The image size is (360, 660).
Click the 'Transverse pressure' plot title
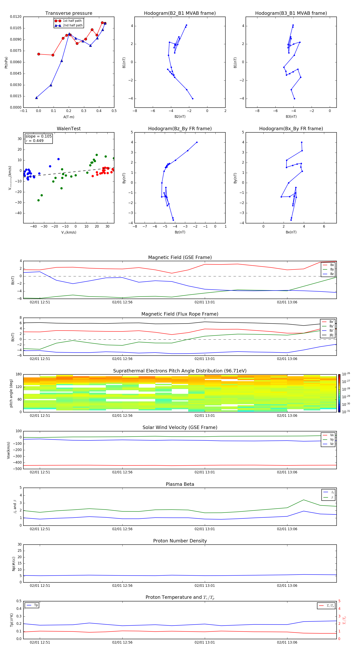pos(69,13)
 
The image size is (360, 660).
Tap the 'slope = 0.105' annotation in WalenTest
pos(38,136)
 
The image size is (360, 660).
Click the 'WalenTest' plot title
pos(69,129)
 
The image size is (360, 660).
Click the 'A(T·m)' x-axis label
pos(69,117)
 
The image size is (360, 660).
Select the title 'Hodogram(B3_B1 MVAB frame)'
pos(291,13)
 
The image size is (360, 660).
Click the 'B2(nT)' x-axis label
pos(180,117)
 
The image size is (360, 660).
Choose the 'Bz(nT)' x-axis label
pos(180,232)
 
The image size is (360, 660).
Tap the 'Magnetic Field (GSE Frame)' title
pos(180,257)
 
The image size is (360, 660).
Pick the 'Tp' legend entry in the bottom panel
pos(36,605)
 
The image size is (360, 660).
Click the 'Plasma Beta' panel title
pos(180,484)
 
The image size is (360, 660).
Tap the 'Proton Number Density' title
pos(180,541)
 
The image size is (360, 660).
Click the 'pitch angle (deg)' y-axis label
pos(11,393)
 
